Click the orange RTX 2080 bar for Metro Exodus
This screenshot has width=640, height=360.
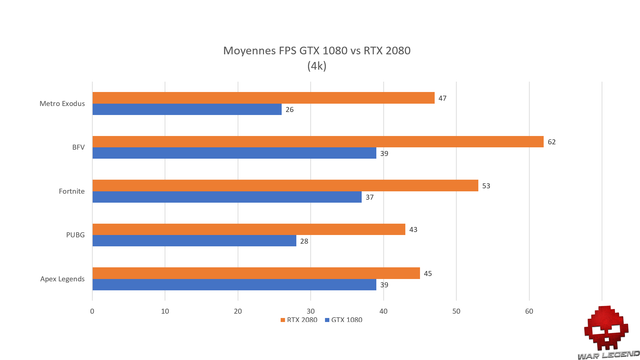click(x=263, y=98)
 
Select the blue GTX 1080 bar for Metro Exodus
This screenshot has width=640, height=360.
click(x=187, y=109)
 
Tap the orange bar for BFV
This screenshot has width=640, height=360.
click(x=318, y=142)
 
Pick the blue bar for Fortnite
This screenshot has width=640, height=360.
click(x=227, y=197)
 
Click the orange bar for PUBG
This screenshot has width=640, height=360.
click(x=249, y=229)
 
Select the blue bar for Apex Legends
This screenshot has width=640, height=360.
click(x=234, y=285)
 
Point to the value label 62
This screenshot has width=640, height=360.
click(x=552, y=142)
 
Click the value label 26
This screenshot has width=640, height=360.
click(x=289, y=110)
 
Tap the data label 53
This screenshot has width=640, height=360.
click(x=486, y=186)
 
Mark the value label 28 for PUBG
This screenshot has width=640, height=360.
click(x=304, y=241)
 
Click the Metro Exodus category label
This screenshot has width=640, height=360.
click(x=62, y=104)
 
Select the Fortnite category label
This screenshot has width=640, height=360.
click(x=72, y=191)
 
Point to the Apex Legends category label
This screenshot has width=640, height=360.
click(x=62, y=279)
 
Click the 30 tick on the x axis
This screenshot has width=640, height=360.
click(x=311, y=311)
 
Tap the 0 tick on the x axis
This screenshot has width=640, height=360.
click(x=92, y=311)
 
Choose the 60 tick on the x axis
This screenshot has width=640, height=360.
click(x=529, y=311)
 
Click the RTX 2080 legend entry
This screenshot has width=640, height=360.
click(x=299, y=320)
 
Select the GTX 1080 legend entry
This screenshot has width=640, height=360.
click(x=344, y=320)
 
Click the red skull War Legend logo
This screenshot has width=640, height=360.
click(x=606, y=328)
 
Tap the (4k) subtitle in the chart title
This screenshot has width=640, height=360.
click(x=317, y=66)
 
